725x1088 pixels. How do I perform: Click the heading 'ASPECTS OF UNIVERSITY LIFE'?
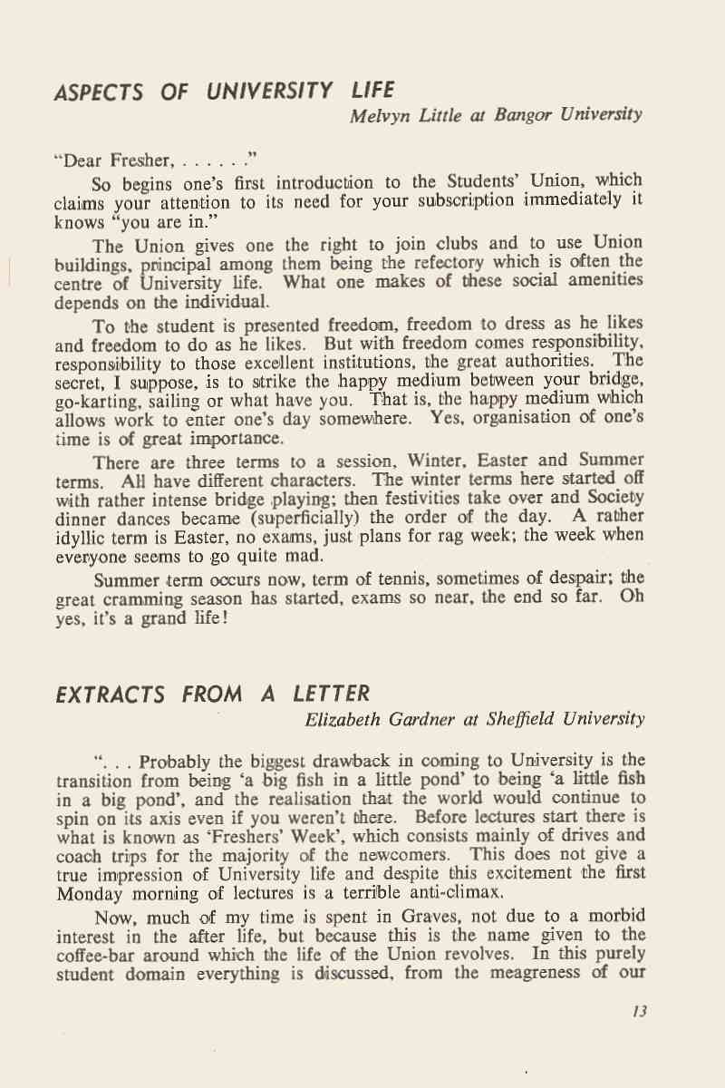(x=225, y=91)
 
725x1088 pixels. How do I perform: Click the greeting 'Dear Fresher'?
(x=112, y=161)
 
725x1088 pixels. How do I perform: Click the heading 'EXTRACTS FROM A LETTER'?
(x=213, y=695)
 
